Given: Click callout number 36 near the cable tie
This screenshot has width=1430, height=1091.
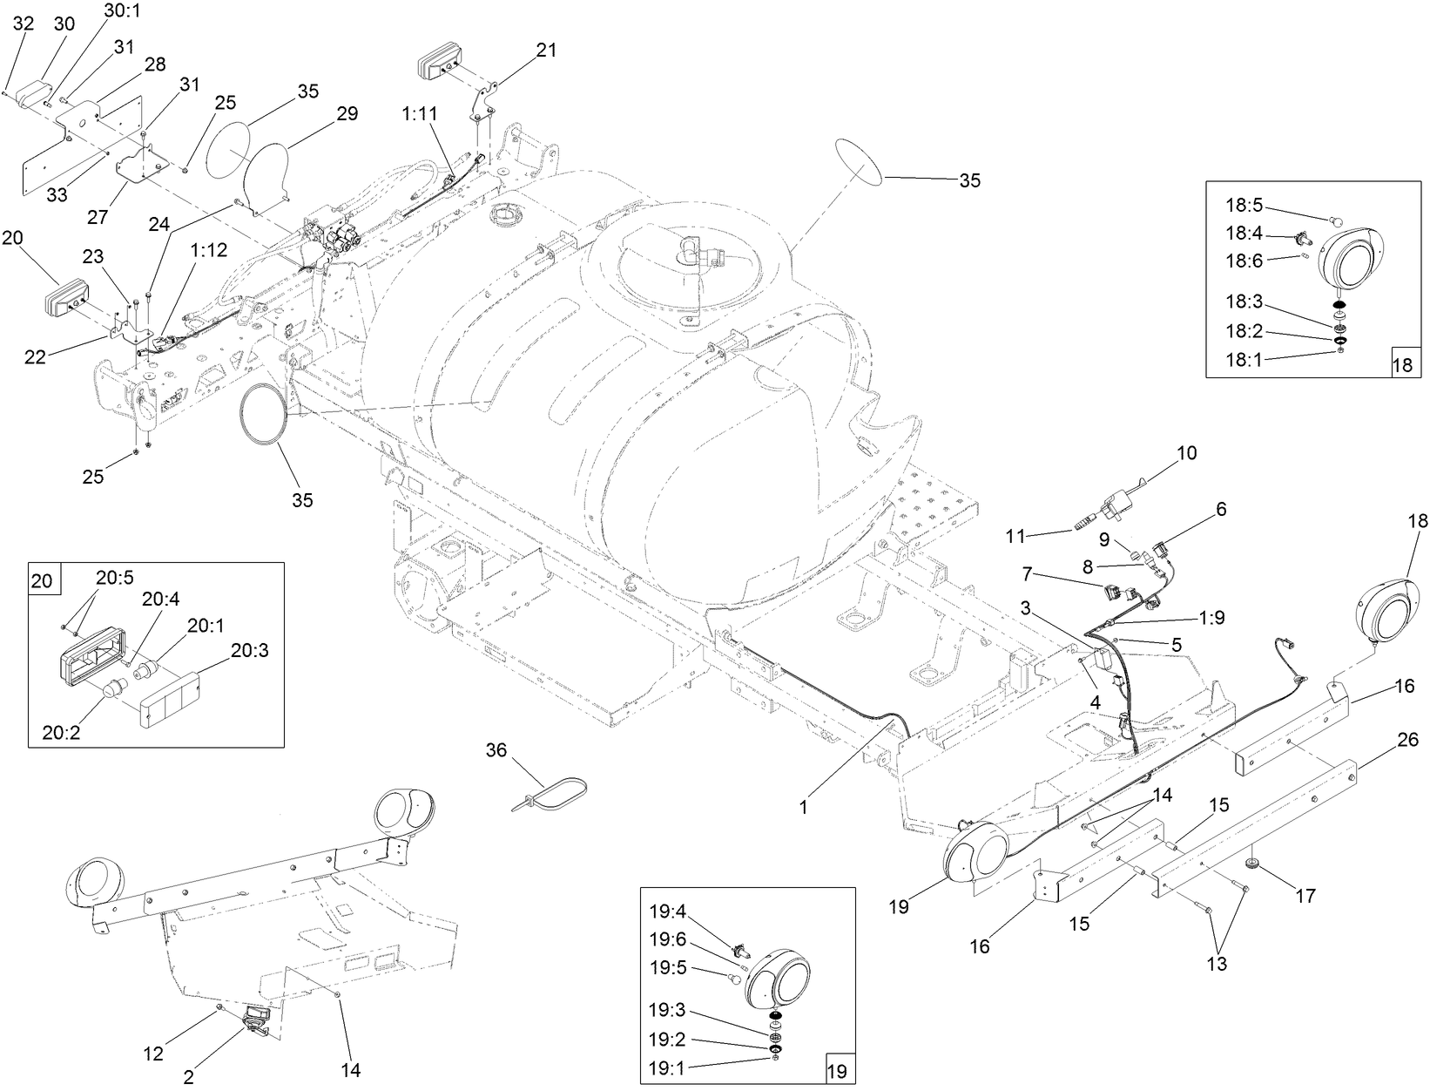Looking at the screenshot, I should (x=496, y=750).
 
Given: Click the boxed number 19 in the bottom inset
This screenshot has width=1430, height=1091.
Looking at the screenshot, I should (x=837, y=1071).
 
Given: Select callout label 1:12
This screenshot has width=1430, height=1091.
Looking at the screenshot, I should (x=210, y=249).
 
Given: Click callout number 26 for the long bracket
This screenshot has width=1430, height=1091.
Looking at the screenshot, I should (x=1407, y=740).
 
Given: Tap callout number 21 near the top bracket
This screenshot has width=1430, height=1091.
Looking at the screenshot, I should (x=546, y=51).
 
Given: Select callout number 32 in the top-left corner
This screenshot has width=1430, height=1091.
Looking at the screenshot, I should (x=24, y=24).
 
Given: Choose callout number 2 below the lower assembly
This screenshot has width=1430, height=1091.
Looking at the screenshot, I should (x=188, y=1077).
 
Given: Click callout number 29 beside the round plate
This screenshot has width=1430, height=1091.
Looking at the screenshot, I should (x=347, y=113).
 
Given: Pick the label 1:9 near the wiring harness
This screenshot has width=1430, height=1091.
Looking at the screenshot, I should (x=1211, y=617).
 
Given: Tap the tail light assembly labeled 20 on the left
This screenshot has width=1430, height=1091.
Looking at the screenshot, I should (x=67, y=300).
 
